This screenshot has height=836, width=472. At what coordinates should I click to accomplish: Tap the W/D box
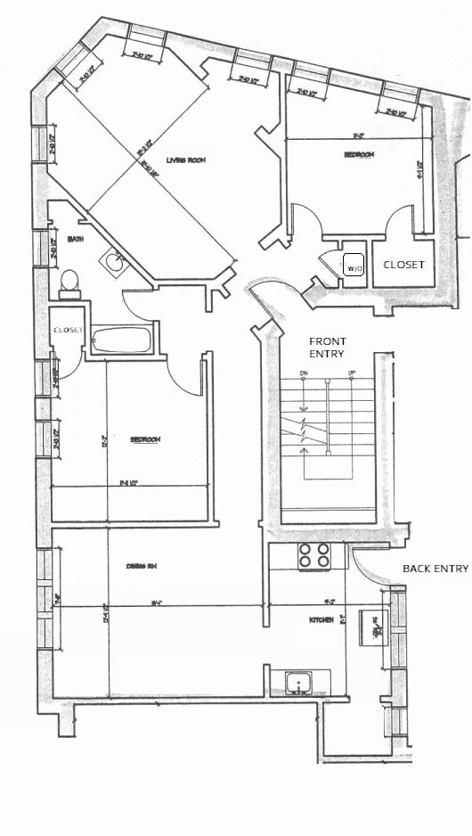point(354,266)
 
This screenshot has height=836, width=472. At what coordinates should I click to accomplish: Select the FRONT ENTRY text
point(327,348)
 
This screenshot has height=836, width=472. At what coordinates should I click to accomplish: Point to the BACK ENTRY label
point(435,568)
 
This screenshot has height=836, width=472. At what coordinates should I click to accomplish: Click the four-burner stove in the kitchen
point(313,555)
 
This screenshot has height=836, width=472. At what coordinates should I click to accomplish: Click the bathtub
point(123,340)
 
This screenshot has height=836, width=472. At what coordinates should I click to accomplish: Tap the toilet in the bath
point(69,282)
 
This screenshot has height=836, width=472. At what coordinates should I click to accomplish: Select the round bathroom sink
point(113,262)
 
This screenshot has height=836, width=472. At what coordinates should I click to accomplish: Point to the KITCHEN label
point(321,619)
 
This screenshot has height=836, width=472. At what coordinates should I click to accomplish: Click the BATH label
point(76,240)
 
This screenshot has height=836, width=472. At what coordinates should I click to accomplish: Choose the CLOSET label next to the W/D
point(403,265)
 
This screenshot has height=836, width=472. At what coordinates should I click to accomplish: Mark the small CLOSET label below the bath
point(68,330)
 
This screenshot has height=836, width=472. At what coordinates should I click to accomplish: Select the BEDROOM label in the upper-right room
point(359,154)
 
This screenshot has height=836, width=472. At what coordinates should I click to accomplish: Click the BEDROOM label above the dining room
point(144,439)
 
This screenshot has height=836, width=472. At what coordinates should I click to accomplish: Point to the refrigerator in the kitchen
point(373,628)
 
